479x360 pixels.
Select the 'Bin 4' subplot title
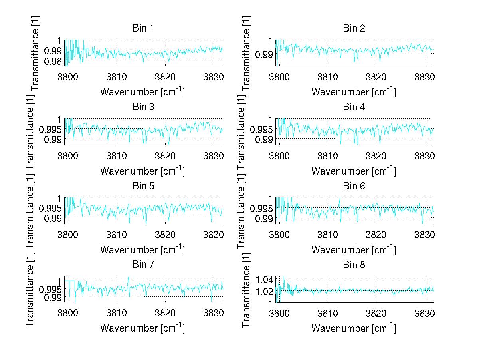[354, 107]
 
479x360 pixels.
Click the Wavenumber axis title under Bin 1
[142, 91]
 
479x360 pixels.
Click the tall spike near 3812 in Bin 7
[129, 277]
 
